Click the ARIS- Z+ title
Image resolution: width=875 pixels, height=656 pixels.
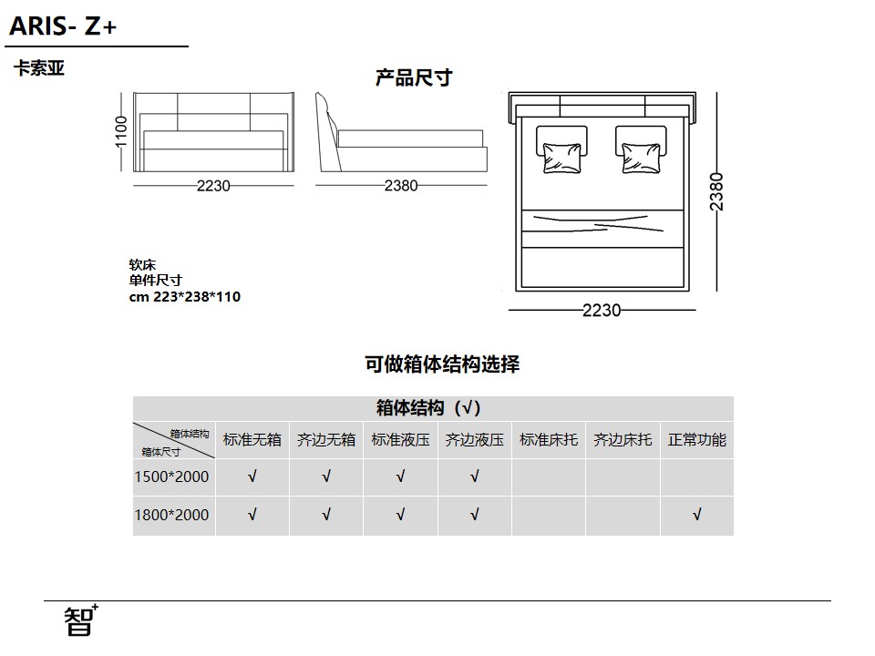[x=63, y=26]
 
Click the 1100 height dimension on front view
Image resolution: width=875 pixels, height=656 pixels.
[x=121, y=132]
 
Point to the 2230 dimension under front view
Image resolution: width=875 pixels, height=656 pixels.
[x=213, y=186]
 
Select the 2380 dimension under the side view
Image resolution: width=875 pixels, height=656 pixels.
[x=401, y=185]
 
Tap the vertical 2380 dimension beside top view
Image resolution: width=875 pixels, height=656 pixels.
[x=716, y=192]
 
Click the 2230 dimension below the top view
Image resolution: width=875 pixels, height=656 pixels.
[x=602, y=310]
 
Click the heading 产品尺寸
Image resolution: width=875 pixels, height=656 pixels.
[x=414, y=77]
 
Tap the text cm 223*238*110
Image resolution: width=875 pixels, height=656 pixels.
[x=185, y=297]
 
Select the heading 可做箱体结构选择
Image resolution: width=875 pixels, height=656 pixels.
[x=442, y=364]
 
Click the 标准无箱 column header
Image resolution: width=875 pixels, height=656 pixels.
[x=252, y=440]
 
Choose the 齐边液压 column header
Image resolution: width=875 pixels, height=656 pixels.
[x=474, y=440]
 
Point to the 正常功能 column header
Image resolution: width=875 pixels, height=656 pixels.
[x=697, y=440]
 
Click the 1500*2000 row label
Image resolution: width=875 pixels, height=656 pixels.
[x=172, y=477]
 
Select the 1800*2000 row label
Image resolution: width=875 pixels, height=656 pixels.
[x=172, y=515]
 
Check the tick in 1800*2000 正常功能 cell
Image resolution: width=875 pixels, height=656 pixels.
[x=696, y=514]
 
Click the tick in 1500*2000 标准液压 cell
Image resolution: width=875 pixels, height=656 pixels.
[x=400, y=477]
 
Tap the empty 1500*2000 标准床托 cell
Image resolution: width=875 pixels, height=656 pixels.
[x=549, y=477]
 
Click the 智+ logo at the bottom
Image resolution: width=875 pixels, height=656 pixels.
[x=81, y=620]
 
